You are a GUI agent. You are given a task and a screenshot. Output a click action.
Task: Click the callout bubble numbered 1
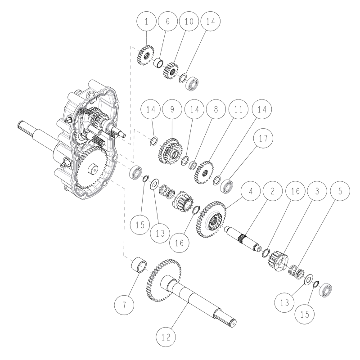(147, 21)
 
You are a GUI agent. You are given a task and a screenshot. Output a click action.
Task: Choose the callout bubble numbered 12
(166, 335)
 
